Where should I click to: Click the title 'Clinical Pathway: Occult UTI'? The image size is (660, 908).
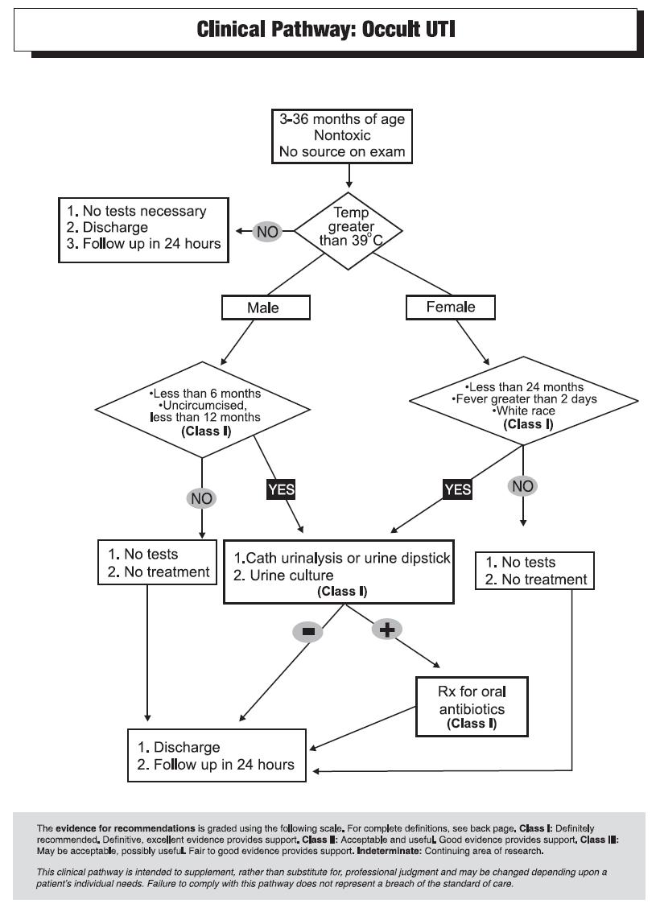(326, 29)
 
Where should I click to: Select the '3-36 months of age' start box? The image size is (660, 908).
(342, 136)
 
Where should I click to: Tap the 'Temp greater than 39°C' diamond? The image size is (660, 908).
(349, 231)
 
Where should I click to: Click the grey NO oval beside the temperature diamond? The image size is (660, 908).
(267, 232)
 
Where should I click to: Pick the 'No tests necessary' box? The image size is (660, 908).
(143, 230)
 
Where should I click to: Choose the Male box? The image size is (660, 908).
(266, 307)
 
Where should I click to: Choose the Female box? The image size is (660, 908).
(451, 307)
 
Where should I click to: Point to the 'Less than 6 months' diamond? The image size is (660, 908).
(203, 410)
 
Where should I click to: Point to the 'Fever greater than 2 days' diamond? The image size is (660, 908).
(523, 401)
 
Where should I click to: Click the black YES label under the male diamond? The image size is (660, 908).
(281, 489)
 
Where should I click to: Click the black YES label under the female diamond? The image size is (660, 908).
(457, 489)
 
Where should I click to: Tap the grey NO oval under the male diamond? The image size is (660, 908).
(201, 498)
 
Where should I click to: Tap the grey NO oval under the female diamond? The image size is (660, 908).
(523, 486)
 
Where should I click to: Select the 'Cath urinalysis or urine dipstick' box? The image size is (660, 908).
(339, 572)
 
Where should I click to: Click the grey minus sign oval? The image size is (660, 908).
(308, 631)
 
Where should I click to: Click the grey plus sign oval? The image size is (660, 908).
(386, 629)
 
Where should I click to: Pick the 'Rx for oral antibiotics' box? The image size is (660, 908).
(472, 707)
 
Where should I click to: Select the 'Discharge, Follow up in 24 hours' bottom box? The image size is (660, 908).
(217, 755)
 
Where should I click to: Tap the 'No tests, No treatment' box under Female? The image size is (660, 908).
(534, 571)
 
